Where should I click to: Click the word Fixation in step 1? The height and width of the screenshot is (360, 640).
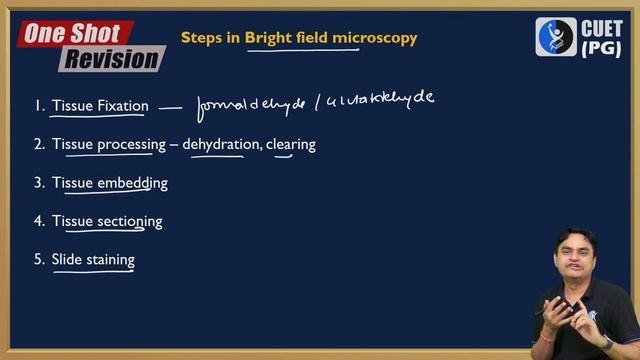(x=123, y=105)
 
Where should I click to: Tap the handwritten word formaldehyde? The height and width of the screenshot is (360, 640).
(x=250, y=103)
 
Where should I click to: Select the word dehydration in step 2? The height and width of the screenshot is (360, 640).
(x=220, y=144)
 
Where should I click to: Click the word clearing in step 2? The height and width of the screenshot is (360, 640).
(x=291, y=144)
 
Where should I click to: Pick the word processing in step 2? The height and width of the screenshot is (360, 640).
(x=131, y=144)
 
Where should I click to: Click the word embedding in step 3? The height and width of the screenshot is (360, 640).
(x=132, y=183)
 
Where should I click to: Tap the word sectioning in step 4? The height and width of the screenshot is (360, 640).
(x=129, y=221)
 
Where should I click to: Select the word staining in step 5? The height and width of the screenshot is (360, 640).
(x=110, y=260)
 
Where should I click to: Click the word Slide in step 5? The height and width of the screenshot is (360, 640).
(x=67, y=260)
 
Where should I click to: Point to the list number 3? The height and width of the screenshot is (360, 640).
(x=38, y=183)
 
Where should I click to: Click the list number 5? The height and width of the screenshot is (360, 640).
(x=38, y=260)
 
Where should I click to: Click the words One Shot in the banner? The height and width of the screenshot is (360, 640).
(x=72, y=33)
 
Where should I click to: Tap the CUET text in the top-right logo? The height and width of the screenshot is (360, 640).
(x=602, y=29)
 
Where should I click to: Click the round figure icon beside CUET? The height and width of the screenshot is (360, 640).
(x=556, y=37)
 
